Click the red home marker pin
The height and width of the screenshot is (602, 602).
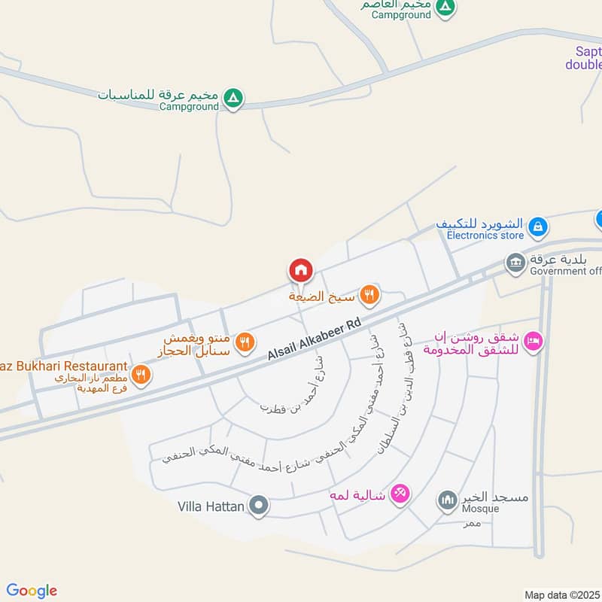point(300,269)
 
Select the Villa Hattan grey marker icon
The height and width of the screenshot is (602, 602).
point(259,506)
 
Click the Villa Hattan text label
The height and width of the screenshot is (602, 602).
point(211,506)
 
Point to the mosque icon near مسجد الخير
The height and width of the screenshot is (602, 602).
point(448,499)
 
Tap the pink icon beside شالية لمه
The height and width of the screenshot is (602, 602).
point(400,494)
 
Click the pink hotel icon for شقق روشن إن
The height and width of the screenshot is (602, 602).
point(534,342)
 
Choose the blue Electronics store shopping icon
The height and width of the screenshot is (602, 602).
point(537,225)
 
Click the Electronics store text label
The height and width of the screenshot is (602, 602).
point(485,236)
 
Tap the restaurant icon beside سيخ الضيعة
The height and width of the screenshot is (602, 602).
point(369,294)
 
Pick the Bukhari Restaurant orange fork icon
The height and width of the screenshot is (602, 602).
point(140,373)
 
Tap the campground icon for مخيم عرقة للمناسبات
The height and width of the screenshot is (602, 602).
point(234,96)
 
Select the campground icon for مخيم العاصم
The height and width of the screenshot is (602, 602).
point(445,6)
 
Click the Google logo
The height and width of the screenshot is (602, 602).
point(32,591)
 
